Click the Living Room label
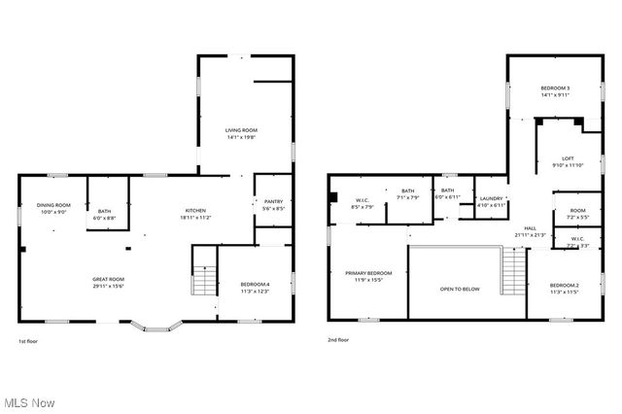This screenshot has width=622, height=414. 241,129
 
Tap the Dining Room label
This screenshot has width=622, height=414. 53,205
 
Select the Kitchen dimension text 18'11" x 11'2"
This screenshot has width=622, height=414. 195,219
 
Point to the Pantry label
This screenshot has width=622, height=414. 273,202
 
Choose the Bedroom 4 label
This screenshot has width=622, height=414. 254,284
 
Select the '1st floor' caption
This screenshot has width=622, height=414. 29,340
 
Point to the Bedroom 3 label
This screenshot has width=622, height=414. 555,89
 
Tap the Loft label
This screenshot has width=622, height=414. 569,159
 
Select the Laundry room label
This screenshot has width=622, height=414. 492,198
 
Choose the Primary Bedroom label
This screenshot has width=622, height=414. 368,273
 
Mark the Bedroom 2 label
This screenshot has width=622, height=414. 564,285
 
